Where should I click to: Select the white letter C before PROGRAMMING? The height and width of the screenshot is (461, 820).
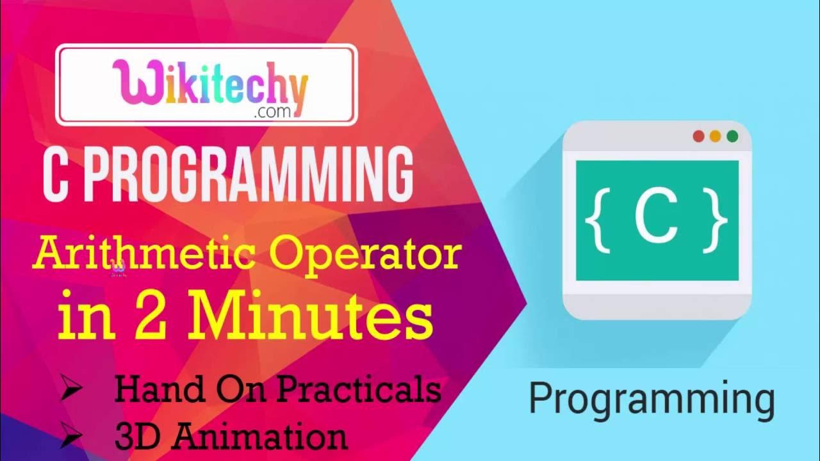pyautogui.click(x=55, y=175)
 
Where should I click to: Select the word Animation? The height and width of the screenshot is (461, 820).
pyautogui.click(x=259, y=437)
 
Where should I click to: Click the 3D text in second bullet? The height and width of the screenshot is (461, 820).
pyautogui.click(x=137, y=437)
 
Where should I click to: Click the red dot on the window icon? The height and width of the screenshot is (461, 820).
pyautogui.click(x=699, y=136)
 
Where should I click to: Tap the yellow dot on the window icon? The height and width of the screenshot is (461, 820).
pyautogui.click(x=716, y=136)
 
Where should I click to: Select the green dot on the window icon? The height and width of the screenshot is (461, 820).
pyautogui.click(x=732, y=136)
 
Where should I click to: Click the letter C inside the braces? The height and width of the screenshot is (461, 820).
pyautogui.click(x=656, y=218)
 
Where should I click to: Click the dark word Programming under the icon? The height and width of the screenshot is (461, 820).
pyautogui.click(x=652, y=399)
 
